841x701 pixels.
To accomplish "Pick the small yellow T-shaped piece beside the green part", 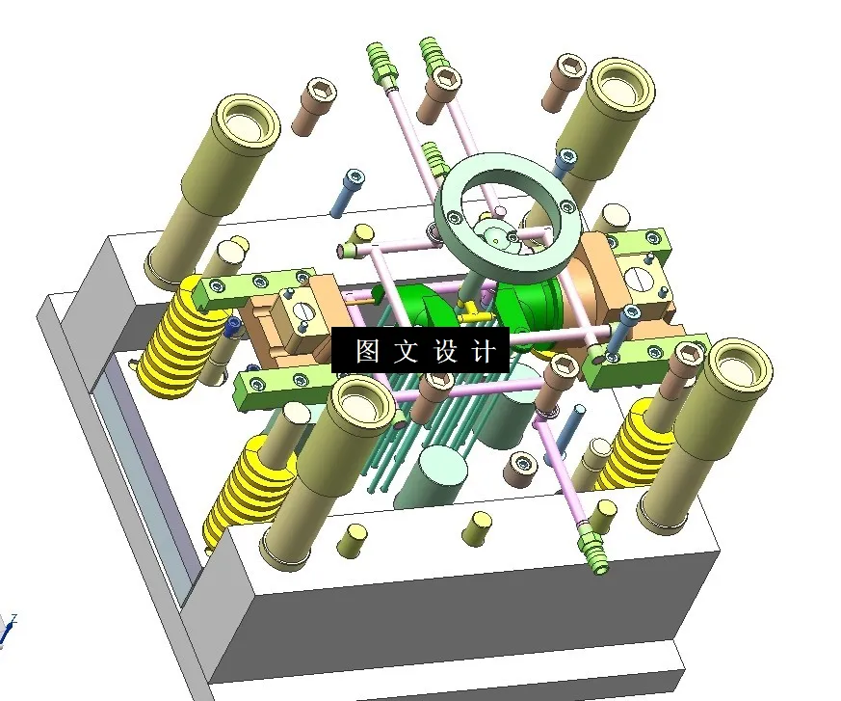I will [x=468, y=314].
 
